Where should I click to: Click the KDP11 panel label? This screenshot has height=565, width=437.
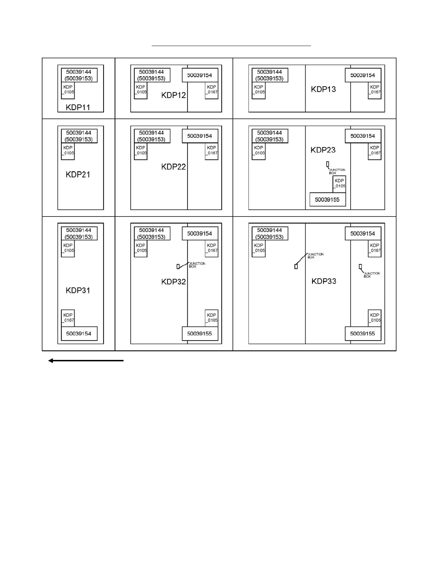(x=78, y=107)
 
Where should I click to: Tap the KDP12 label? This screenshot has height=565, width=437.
(x=174, y=95)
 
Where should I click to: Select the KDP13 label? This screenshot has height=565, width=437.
(x=323, y=89)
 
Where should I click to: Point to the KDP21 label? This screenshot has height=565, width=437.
(x=78, y=174)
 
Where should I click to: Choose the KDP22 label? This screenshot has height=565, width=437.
(x=174, y=167)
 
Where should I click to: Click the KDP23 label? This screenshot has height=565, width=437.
(x=323, y=150)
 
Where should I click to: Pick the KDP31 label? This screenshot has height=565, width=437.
(x=78, y=290)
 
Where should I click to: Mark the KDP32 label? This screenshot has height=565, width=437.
(x=174, y=282)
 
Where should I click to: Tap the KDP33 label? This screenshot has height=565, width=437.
(x=324, y=281)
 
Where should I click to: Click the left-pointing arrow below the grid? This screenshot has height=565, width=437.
(x=86, y=361)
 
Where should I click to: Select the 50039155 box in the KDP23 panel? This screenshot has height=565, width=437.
(x=327, y=199)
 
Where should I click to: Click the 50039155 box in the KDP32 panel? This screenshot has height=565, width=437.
(x=200, y=334)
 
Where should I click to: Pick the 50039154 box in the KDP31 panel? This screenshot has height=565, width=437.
(x=79, y=334)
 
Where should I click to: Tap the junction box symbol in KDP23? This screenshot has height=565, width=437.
(x=327, y=164)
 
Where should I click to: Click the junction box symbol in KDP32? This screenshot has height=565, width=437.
(x=178, y=266)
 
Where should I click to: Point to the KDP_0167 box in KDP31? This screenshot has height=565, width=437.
(x=68, y=318)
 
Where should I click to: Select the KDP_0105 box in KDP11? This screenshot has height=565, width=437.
(x=68, y=91)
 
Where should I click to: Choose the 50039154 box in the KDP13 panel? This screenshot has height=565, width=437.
(x=363, y=75)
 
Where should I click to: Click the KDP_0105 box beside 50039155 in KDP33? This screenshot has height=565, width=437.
(x=375, y=318)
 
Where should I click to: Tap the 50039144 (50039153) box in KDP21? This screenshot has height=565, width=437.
(x=79, y=136)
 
